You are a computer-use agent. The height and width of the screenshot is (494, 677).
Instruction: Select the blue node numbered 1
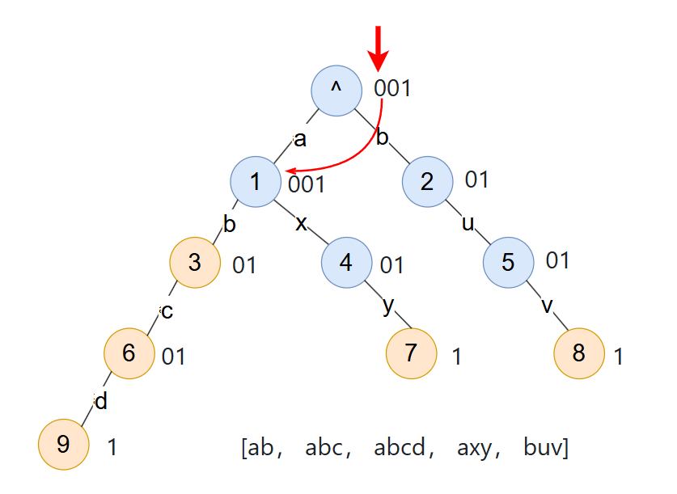click(256, 181)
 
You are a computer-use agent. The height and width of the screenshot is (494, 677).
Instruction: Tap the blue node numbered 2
click(428, 181)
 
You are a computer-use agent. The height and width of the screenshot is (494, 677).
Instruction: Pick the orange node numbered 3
click(195, 263)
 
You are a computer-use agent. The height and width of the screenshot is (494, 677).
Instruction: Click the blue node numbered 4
click(346, 263)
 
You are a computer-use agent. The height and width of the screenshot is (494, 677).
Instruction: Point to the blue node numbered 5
click(509, 263)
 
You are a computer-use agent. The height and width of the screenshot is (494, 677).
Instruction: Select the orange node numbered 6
click(129, 353)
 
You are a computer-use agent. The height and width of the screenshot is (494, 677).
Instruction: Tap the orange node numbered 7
click(411, 353)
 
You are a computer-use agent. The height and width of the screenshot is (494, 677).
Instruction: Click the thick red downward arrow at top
click(378, 47)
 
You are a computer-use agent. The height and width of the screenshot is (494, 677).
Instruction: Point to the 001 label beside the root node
click(392, 88)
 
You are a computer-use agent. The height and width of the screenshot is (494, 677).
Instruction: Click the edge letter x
click(301, 222)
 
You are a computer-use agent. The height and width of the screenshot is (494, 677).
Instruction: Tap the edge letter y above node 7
click(387, 307)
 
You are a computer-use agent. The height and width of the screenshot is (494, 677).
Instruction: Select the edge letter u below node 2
click(468, 222)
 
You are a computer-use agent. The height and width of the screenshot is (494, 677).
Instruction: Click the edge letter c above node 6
click(167, 311)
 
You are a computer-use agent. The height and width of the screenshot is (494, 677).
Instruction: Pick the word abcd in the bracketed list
click(400, 447)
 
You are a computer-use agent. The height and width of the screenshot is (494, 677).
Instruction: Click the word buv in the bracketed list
click(543, 447)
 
